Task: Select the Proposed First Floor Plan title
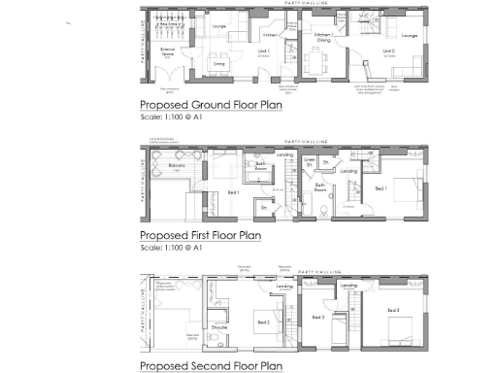(200, 235)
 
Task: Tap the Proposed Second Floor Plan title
(210, 365)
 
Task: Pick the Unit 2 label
(388, 50)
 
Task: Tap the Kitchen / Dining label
(324, 37)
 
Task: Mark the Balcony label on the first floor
(177, 166)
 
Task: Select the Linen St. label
(309, 161)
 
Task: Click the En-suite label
(219, 328)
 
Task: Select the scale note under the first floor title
(171, 248)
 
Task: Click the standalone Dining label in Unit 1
(219, 64)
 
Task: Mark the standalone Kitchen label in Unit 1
(271, 34)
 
